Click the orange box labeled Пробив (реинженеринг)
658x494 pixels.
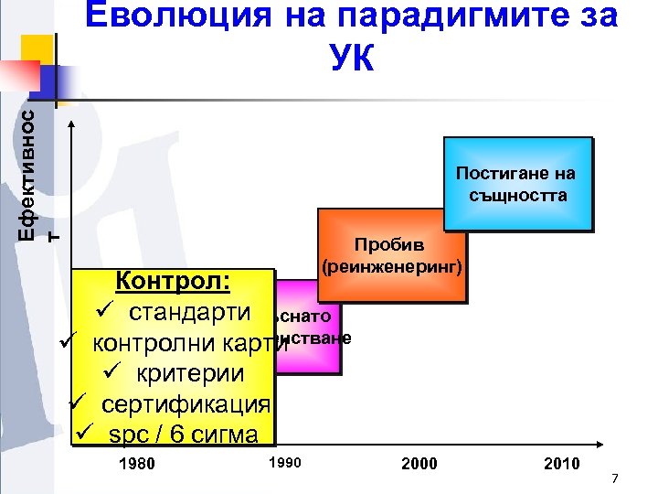tap(391, 256)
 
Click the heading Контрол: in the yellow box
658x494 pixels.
tap(170, 280)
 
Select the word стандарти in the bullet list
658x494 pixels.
tap(189, 311)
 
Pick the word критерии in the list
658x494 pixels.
tap(190, 373)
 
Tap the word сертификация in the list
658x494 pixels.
tap(186, 403)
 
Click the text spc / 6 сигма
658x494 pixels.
tap(183, 434)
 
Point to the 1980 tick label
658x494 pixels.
tap(137, 464)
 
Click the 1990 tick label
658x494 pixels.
tap(284, 462)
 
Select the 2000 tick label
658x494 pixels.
tap(419, 464)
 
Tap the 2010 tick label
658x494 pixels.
tap(561, 464)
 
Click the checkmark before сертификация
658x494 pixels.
tap(80, 403)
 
